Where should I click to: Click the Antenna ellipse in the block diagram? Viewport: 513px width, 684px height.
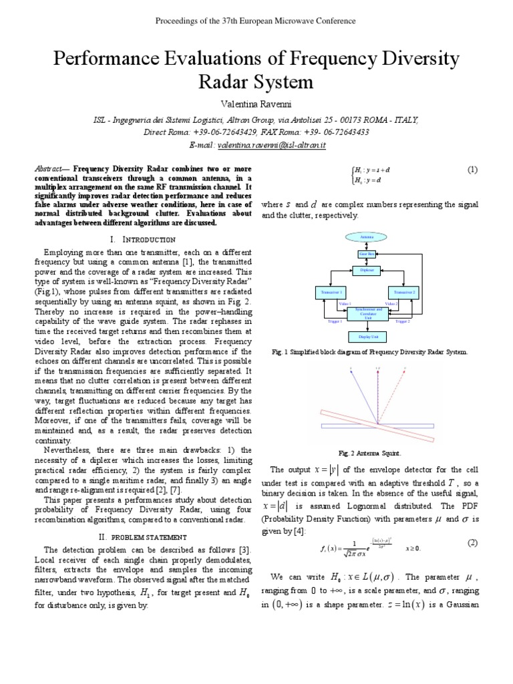(367, 237)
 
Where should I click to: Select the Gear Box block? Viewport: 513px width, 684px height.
(367, 254)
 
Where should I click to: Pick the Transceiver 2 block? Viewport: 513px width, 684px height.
(403, 293)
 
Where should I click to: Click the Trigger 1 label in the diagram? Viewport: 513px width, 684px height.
(335, 322)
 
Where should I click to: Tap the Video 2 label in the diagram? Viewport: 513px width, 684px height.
(392, 304)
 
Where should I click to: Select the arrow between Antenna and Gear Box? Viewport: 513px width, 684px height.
(367, 245)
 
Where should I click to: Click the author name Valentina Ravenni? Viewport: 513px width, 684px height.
(256, 106)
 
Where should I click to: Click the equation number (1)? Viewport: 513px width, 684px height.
(472, 170)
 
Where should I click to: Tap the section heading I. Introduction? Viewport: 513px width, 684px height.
(142, 238)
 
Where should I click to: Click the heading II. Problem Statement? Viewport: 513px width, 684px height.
(142, 536)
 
